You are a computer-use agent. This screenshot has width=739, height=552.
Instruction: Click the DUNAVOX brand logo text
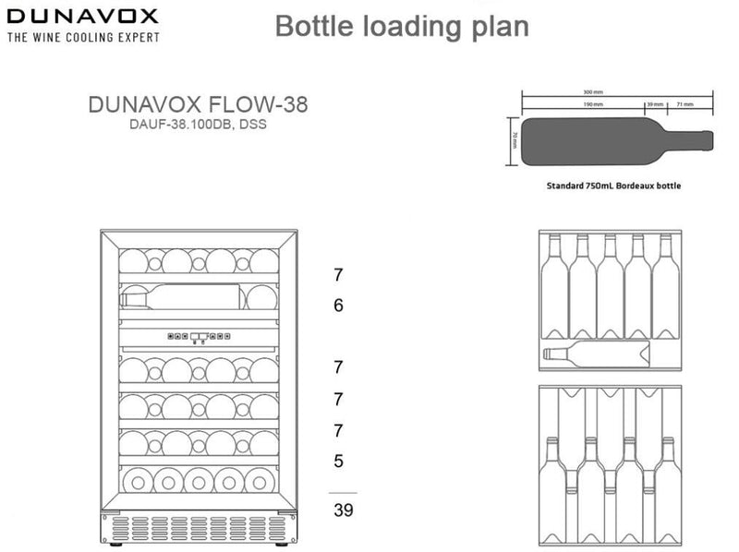pos(83,18)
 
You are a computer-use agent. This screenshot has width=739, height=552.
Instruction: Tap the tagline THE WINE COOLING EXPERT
pos(83,38)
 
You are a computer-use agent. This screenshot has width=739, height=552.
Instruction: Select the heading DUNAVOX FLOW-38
pos(198,104)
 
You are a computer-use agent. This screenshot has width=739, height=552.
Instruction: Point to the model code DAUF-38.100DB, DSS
pos(198,125)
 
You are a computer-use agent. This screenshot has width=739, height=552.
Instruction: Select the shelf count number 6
pos(338,305)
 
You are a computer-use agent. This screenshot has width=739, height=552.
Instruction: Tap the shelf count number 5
pos(338,461)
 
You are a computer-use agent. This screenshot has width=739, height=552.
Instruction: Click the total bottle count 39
pos(342,510)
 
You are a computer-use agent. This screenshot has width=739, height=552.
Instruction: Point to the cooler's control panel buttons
pos(199,337)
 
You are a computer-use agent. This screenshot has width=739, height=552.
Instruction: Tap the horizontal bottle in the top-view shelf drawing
pos(596,352)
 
